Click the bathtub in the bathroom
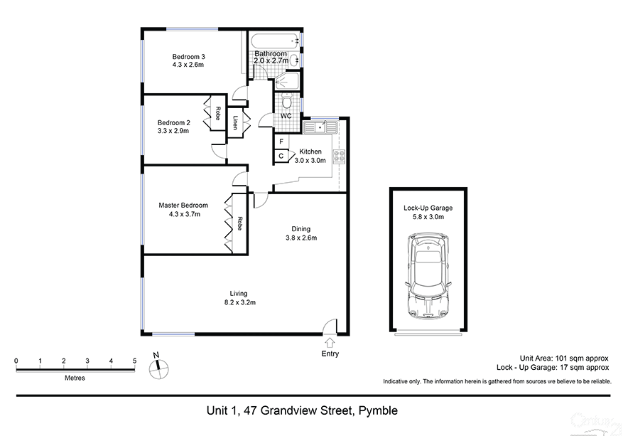tap(273, 42)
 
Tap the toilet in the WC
tap(286, 102)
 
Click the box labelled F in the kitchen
tap(281, 142)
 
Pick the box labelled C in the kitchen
tap(281, 156)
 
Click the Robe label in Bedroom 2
tap(217, 113)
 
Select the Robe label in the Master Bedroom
tap(240, 223)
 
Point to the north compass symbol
tap(159, 368)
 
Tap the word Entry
tap(330, 354)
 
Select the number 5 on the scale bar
tap(134, 361)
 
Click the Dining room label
tap(300, 228)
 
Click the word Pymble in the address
tap(377, 410)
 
